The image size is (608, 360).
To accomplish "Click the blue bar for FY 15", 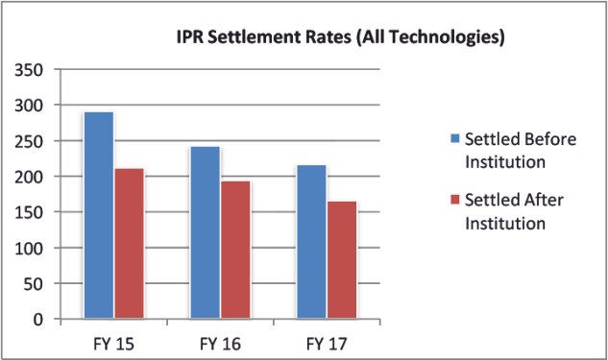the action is (x=99, y=215).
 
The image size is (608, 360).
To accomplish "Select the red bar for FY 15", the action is (x=129, y=243).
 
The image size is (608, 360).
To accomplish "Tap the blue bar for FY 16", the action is (x=206, y=232).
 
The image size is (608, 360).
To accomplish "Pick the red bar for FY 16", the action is (x=235, y=250).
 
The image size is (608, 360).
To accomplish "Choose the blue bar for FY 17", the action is (x=312, y=242).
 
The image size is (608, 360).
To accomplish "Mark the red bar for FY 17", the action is (x=342, y=259).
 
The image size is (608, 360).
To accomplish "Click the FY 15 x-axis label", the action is (x=113, y=344).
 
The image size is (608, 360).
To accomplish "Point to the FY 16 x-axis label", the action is (x=220, y=344).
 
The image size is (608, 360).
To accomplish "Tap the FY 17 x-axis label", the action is (x=327, y=344).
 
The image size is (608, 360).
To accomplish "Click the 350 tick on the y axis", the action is (x=29, y=70).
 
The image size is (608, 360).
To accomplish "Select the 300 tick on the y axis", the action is (x=29, y=106).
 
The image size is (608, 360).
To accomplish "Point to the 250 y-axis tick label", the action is (x=29, y=141).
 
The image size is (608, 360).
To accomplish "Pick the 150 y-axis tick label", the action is (x=29, y=213).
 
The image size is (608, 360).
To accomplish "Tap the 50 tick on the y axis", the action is (x=34, y=284).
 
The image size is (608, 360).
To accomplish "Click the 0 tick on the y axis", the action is (x=38, y=320).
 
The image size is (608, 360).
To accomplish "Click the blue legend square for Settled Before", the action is (x=455, y=138).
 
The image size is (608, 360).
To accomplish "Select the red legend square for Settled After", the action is (x=455, y=200).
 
